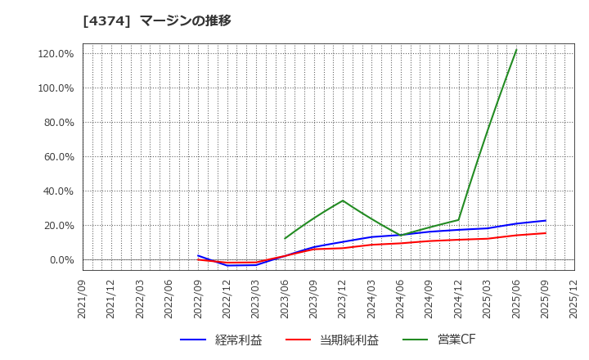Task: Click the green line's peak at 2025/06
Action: (x=516, y=50)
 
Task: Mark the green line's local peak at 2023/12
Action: (x=343, y=200)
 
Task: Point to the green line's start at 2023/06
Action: (x=285, y=239)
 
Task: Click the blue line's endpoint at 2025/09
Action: (x=546, y=220)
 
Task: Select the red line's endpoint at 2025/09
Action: (x=546, y=233)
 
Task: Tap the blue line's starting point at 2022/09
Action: (x=198, y=255)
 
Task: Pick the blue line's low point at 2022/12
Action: (x=227, y=265)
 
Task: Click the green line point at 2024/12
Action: (x=458, y=219)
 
